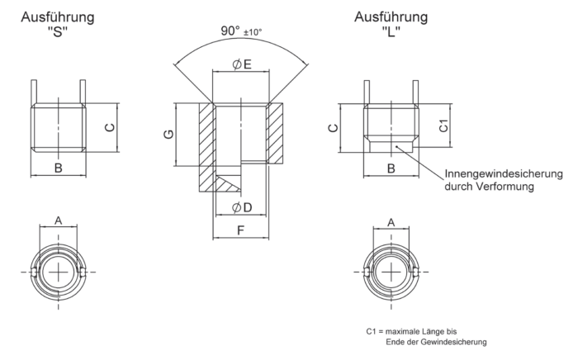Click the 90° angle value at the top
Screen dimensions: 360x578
pyautogui.click(x=229, y=31)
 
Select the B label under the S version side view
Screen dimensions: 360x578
pyautogui.click(x=59, y=168)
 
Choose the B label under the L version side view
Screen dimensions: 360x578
pyautogui.click(x=391, y=168)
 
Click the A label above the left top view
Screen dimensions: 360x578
pyautogui.click(x=58, y=220)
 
